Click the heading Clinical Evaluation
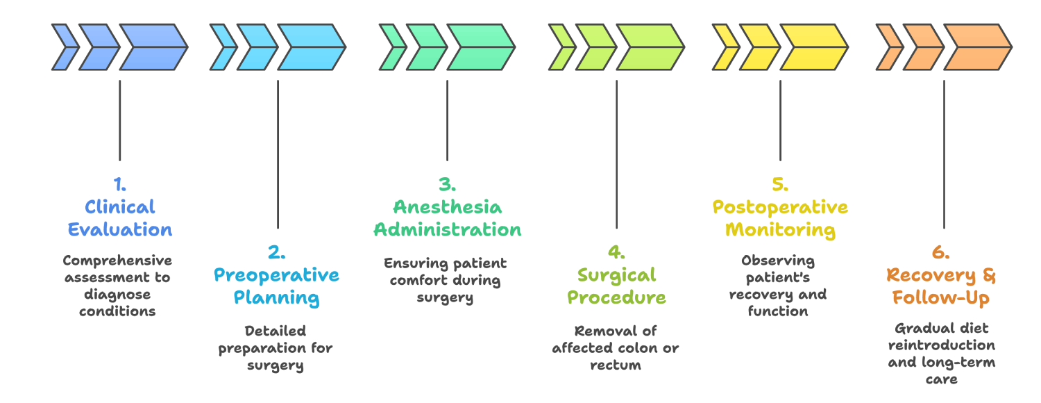click(120, 218)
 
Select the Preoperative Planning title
click(276, 286)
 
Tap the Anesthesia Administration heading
click(447, 218)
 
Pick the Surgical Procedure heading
click(616, 286)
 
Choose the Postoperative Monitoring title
click(780, 218)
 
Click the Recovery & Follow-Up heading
click(941, 286)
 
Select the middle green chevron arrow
click(425, 47)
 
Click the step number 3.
click(447, 185)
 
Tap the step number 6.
click(941, 253)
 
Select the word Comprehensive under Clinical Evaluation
click(117, 261)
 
